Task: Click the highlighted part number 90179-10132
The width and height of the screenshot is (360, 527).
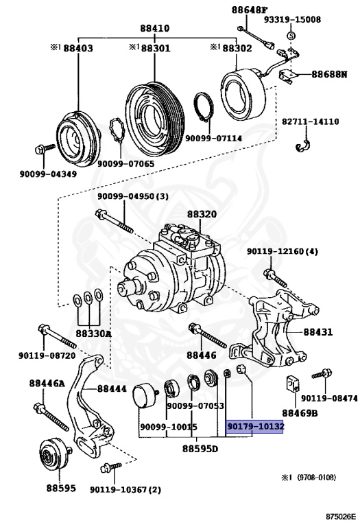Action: pyautogui.click(x=255, y=426)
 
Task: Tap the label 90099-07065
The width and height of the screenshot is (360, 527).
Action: pyautogui.click(x=125, y=163)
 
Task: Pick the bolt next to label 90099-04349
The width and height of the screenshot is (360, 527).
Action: pyautogui.click(x=43, y=149)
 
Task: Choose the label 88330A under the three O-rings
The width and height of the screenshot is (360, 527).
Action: pyautogui.click(x=93, y=333)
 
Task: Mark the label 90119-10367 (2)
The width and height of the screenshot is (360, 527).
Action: pyautogui.click(x=125, y=490)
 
